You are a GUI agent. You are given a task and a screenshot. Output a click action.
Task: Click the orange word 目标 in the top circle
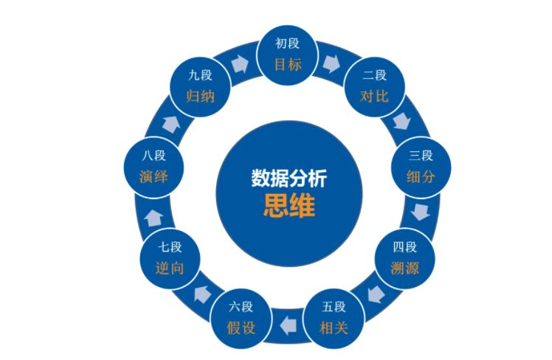point(289,64)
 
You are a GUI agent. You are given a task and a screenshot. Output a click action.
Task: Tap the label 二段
point(374,76)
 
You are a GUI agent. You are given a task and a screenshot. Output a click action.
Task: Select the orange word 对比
point(374,96)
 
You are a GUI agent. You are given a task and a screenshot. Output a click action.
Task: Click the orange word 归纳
point(201,96)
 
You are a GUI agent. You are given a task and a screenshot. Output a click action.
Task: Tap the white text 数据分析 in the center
point(289,179)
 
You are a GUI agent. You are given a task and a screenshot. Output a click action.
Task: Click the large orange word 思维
point(289,206)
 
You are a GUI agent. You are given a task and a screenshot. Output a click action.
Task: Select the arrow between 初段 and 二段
point(332,63)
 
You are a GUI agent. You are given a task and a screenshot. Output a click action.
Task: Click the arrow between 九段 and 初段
point(241,63)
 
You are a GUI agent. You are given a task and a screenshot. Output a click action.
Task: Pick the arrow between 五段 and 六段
point(287,322)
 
